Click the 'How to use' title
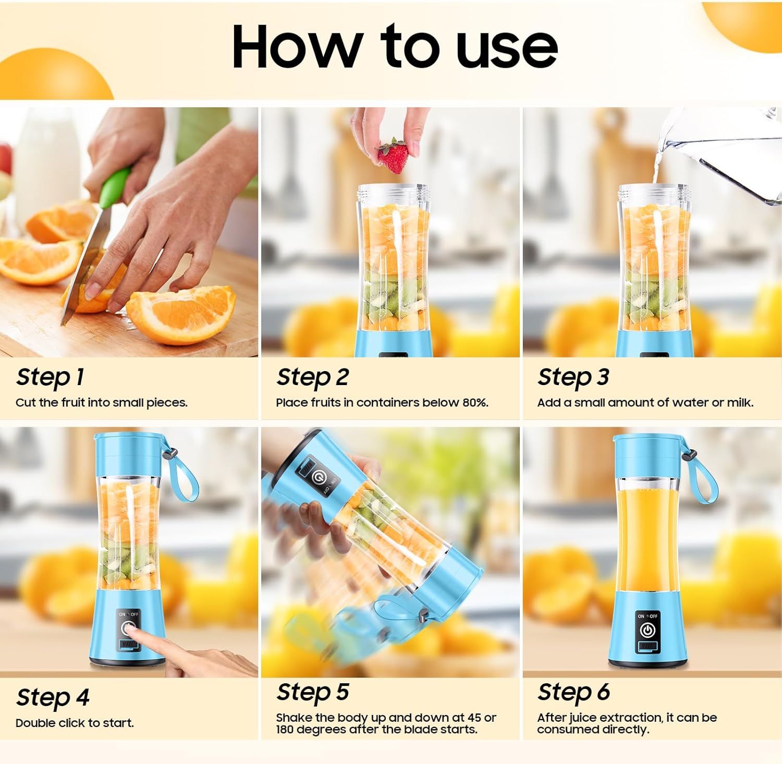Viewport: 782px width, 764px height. point(395,47)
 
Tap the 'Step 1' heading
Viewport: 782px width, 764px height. point(50,377)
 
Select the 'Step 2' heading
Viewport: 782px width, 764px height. point(312,377)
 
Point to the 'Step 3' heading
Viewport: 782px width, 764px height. point(573,377)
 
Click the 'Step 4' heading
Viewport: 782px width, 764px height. point(53,698)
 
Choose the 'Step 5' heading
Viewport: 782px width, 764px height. point(312,693)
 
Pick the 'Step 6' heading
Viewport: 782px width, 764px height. point(573,693)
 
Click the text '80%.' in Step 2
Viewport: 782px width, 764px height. point(475,402)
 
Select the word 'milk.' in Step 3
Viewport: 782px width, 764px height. point(740,402)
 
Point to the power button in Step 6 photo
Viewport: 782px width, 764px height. point(647,631)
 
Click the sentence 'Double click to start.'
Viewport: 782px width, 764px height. point(75,723)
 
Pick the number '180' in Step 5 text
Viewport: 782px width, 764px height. point(285,730)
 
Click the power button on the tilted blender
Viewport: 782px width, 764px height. point(319,476)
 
